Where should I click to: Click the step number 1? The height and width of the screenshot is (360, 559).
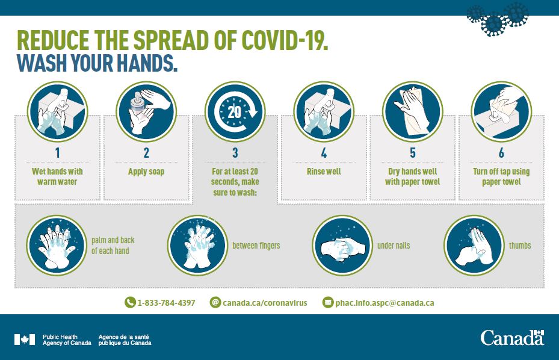tap(57, 153)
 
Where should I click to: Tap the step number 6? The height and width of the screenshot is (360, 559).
tap(501, 153)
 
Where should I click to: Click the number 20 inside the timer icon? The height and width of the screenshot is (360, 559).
tap(234, 112)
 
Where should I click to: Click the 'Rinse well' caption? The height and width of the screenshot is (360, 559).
tap(324, 172)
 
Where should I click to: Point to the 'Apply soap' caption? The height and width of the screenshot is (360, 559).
tap(146, 172)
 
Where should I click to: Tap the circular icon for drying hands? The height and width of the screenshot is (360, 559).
tap(412, 111)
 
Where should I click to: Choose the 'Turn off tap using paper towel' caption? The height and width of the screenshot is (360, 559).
tap(501, 176)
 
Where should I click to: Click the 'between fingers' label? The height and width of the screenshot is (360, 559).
tap(256, 246)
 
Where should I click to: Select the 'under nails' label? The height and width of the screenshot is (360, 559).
tap(394, 246)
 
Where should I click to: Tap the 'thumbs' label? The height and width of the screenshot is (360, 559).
tap(520, 246)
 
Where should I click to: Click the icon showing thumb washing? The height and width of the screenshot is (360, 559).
tap(474, 246)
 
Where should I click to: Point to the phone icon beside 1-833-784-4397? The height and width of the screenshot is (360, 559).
tap(130, 303)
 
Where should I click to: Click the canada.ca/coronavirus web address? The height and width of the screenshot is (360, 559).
tap(265, 303)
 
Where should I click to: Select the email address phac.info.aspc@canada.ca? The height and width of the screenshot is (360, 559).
tap(385, 303)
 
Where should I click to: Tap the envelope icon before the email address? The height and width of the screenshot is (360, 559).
tap(327, 303)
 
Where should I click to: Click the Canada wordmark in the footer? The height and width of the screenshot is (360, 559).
tap(512, 338)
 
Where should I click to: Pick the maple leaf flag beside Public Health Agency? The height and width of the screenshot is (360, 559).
tap(25, 340)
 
